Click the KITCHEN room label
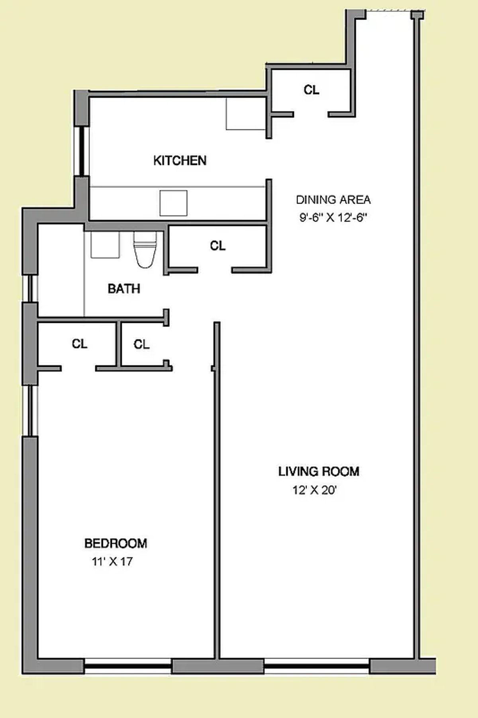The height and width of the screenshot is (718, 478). [180, 161]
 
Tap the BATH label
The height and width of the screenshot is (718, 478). [124, 289]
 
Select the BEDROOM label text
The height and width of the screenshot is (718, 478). [116, 543]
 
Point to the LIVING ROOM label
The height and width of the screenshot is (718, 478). [319, 472]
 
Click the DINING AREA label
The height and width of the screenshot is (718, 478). [333, 199]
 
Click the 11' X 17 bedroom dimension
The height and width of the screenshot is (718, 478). [112, 562]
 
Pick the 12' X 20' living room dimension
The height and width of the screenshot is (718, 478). [315, 490]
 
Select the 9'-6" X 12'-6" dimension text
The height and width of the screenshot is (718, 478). [333, 218]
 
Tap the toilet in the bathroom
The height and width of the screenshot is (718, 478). [145, 249]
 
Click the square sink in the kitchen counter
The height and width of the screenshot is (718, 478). [173, 203]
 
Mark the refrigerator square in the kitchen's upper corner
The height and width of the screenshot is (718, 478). [245, 114]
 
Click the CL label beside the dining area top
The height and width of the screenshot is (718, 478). [311, 90]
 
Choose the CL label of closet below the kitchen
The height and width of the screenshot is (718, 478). [217, 246]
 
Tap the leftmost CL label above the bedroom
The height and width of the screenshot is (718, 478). [79, 344]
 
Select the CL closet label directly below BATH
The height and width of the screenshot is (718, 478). [141, 344]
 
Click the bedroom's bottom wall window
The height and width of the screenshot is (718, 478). [127, 666]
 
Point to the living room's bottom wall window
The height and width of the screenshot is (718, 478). [317, 666]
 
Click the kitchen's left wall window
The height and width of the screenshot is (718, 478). [82, 151]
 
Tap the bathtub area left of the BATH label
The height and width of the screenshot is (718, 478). [61, 271]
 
